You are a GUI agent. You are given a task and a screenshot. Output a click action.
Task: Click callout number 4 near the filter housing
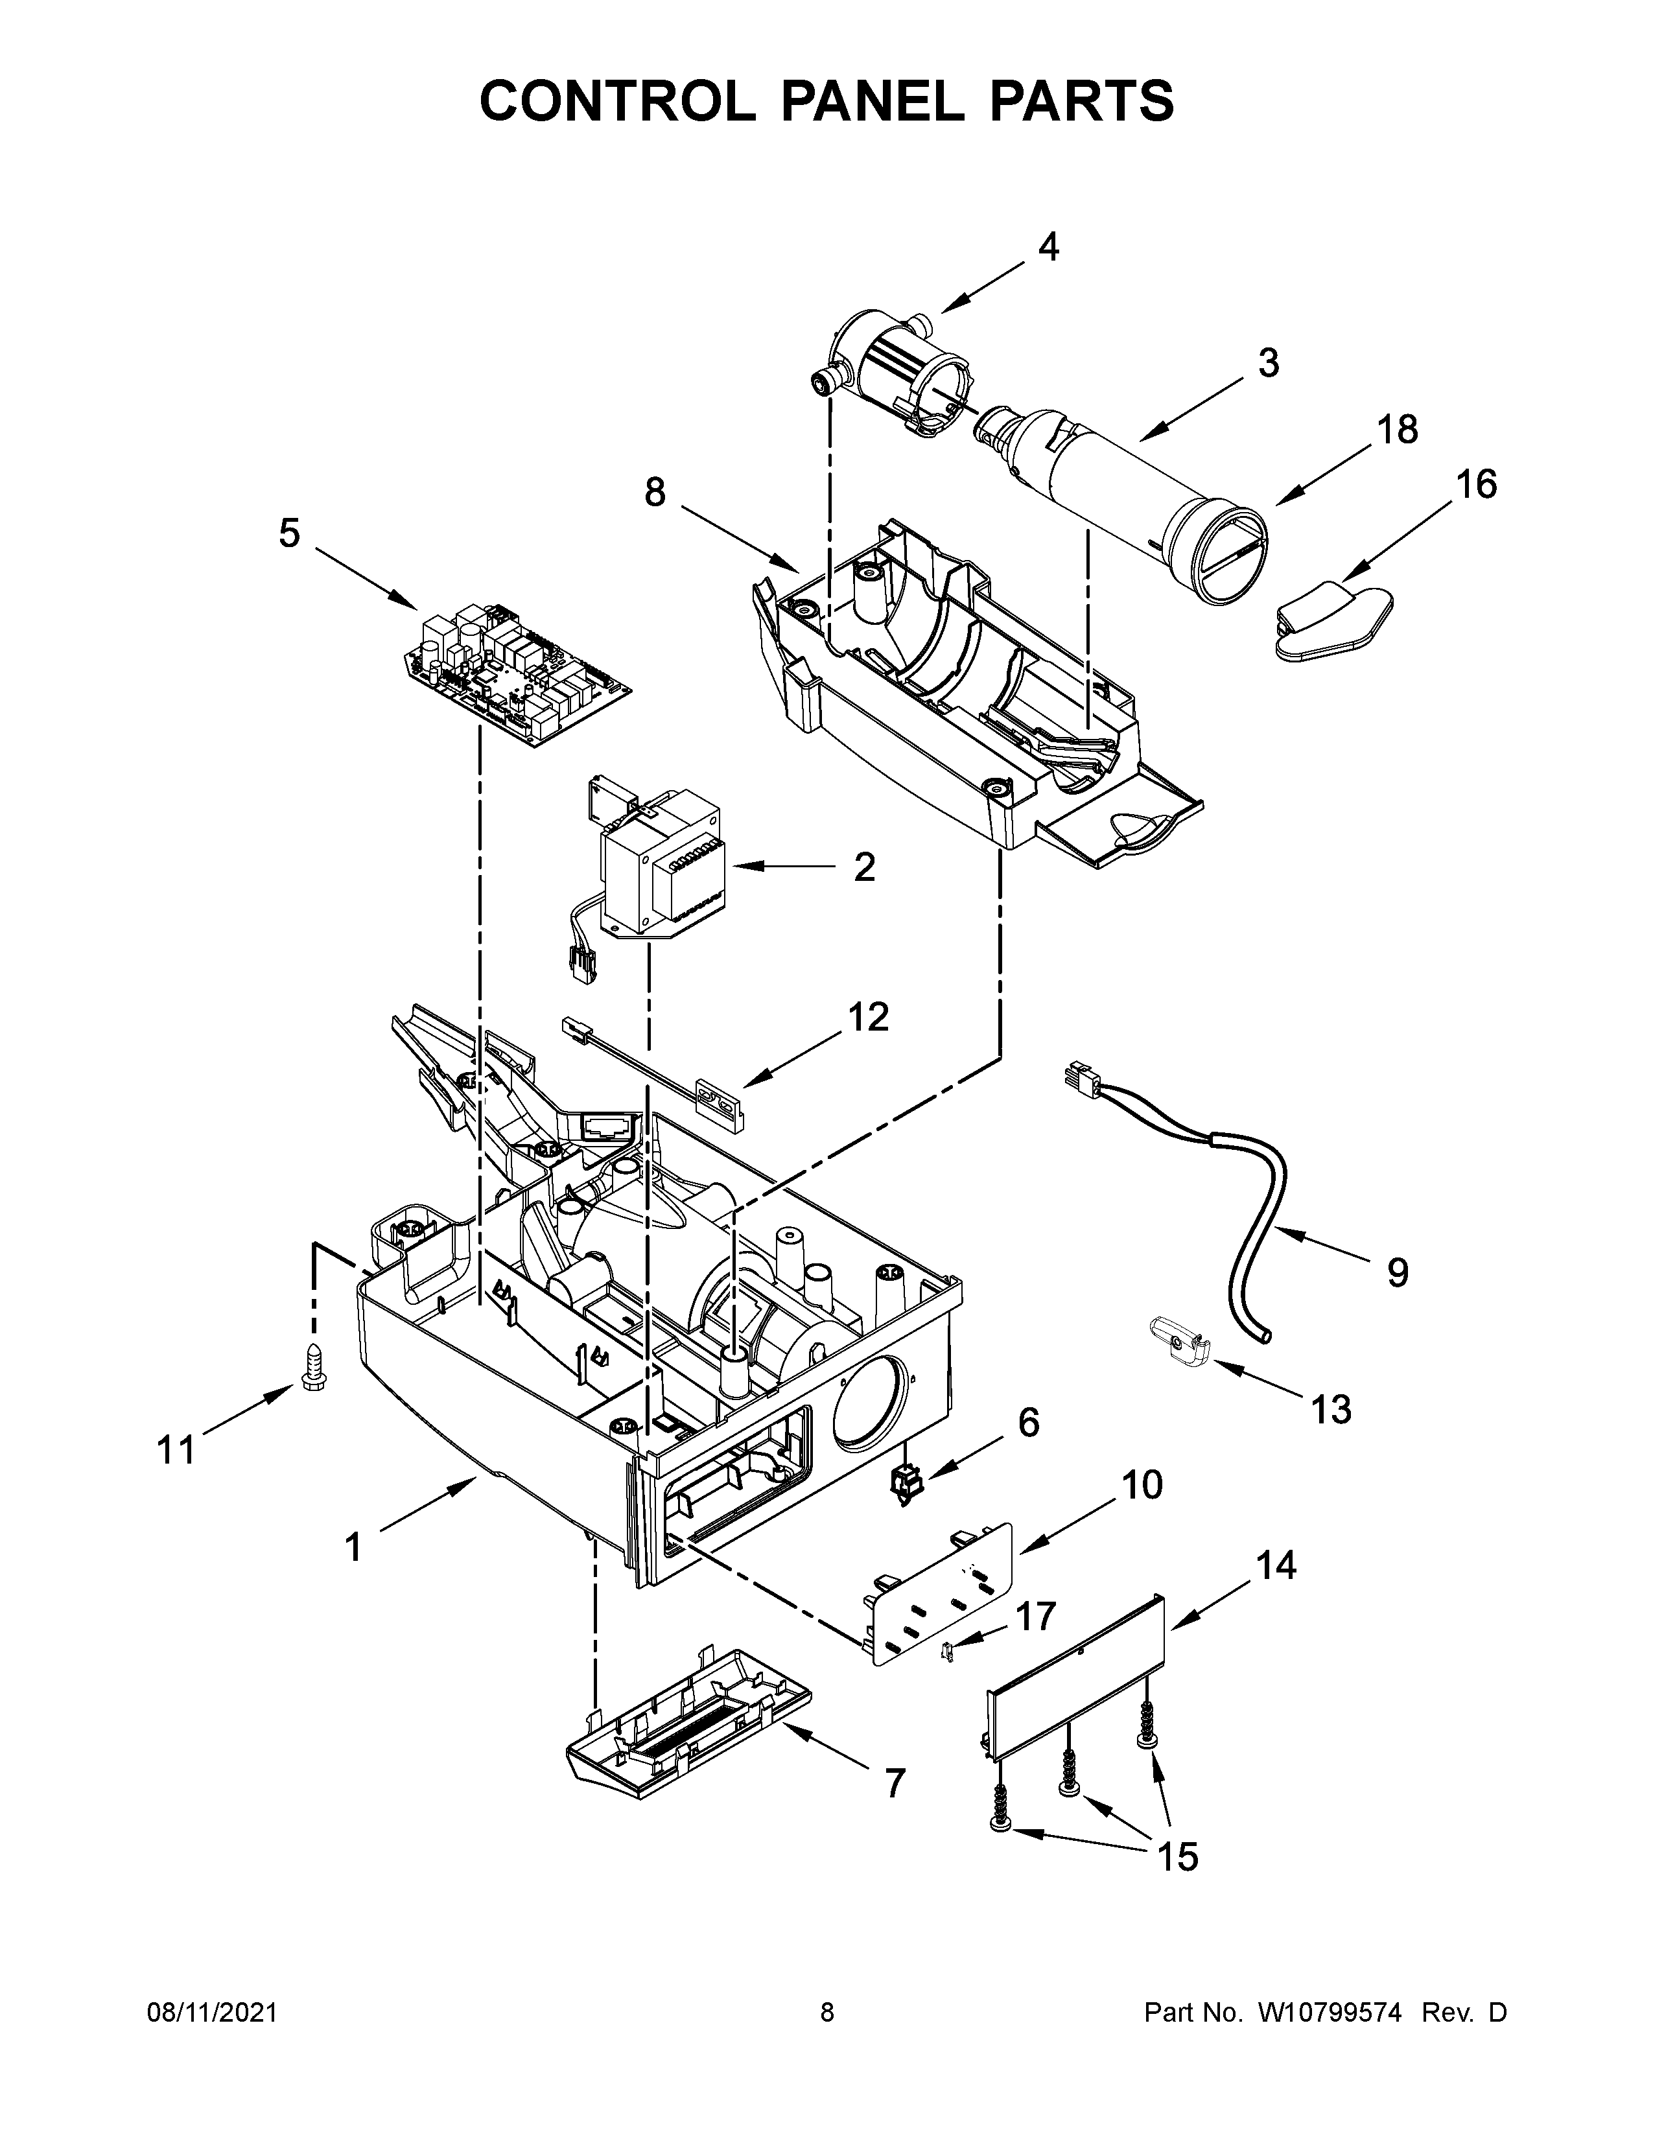1048,248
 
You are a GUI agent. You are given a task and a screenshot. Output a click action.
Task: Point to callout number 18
1398,429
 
